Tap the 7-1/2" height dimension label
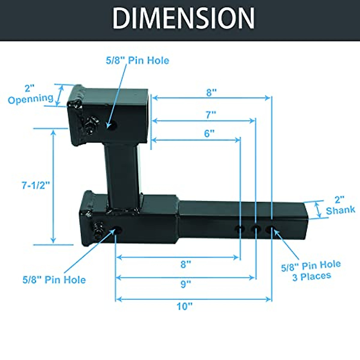coord(35,185)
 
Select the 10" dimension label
coord(184,306)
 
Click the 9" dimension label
coord(186,284)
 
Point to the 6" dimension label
coord(209,133)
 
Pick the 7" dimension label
coord(211,115)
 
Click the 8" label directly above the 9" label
coord(186,264)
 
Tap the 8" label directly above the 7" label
coord(211,93)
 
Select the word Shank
coord(340,210)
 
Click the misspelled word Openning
coord(30,99)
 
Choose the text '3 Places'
coord(312,276)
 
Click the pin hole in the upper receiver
coord(112,127)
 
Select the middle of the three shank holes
coord(256,229)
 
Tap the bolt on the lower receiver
coord(98,229)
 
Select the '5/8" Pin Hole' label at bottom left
coord(54,280)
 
